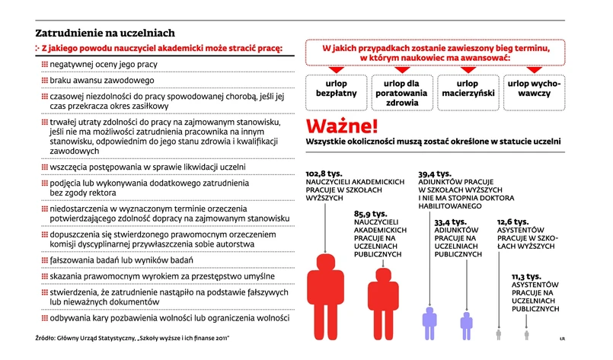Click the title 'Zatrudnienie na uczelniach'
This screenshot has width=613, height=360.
click(106, 33)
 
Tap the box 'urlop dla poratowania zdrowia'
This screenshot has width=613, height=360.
click(401, 92)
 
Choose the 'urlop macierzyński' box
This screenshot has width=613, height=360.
click(467, 88)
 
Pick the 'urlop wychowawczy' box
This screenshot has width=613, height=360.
click(533, 88)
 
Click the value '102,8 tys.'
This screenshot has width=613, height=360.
click(327, 174)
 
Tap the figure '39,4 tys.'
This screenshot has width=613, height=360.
click(435, 174)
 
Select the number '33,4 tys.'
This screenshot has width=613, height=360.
click(451, 221)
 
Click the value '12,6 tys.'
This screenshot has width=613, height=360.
click(512, 221)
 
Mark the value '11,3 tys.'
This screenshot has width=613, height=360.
click(526, 276)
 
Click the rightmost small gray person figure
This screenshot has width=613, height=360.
click(526, 333)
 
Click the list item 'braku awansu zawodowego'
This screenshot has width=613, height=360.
click(102, 80)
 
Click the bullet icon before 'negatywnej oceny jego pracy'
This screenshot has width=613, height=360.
click(44, 65)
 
